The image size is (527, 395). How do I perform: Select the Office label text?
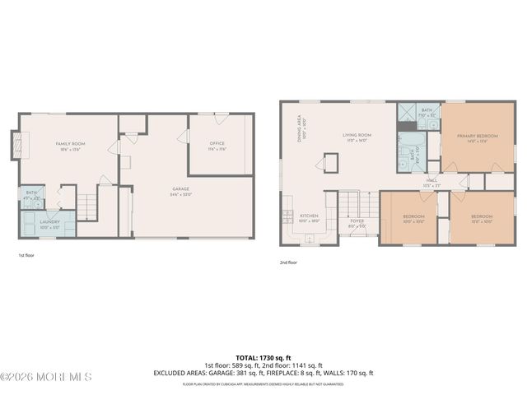click(217, 146)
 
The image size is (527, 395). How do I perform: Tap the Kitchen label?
click(308, 218)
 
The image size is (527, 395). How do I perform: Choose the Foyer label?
click(357, 221)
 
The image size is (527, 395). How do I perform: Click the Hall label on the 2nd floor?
click(431, 183)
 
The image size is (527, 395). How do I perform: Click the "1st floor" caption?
click(27, 255)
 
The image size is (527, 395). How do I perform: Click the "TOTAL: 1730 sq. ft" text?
click(263, 358)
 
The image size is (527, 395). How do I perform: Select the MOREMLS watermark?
click(45, 376)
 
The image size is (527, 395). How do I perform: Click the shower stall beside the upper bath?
click(406, 113)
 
